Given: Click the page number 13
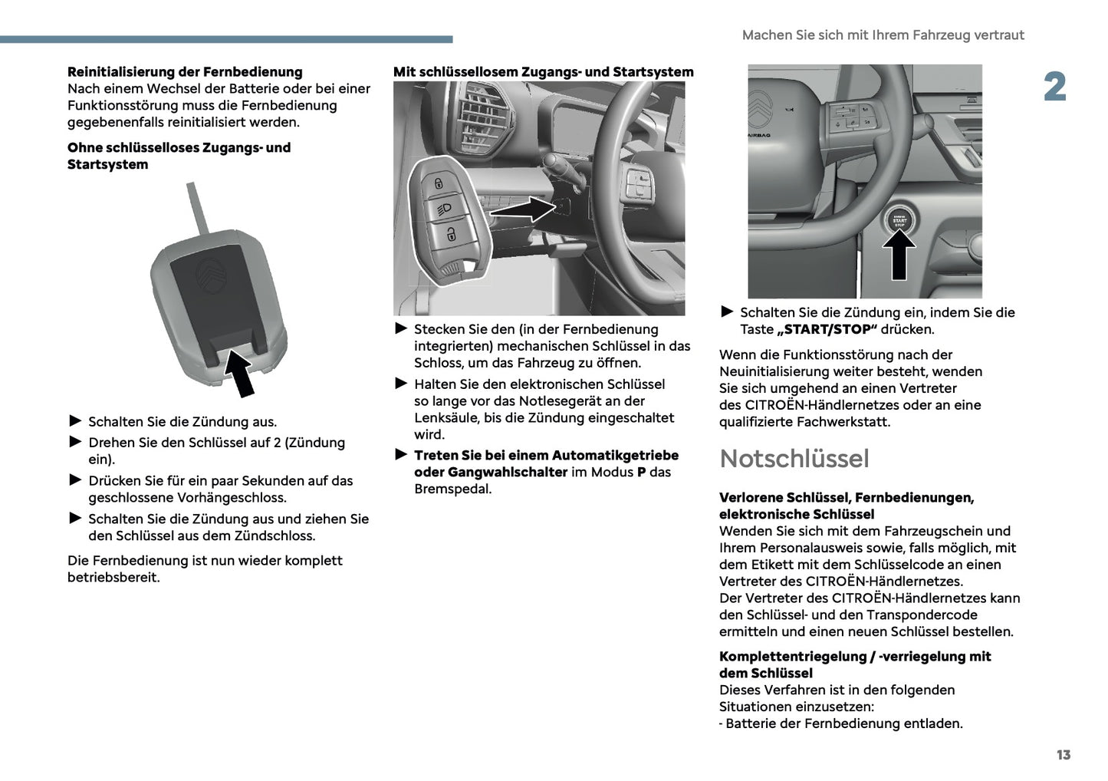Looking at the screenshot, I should pyautogui.click(x=1063, y=755).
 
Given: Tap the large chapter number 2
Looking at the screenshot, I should pyautogui.click(x=1054, y=87).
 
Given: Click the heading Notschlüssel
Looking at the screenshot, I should pyautogui.click(x=794, y=458).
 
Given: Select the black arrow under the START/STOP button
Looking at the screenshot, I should pyautogui.click(x=899, y=255).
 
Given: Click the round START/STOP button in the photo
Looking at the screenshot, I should pyautogui.click(x=899, y=220).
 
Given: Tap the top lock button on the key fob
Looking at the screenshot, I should pyautogui.click(x=438, y=183).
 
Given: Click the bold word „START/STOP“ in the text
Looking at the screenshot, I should pyautogui.click(x=827, y=329).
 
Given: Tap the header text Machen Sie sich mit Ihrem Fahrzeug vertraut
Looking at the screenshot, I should pyautogui.click(x=883, y=35).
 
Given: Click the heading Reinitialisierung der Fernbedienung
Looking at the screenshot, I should pyautogui.click(x=185, y=72).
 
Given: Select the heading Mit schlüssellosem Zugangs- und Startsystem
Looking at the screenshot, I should pyautogui.click(x=543, y=72).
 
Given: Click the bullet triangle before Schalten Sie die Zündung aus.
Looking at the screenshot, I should pyautogui.click(x=75, y=420).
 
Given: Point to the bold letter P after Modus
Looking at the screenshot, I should pyautogui.click(x=641, y=472).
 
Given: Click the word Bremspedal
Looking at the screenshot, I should pyautogui.click(x=452, y=489).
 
